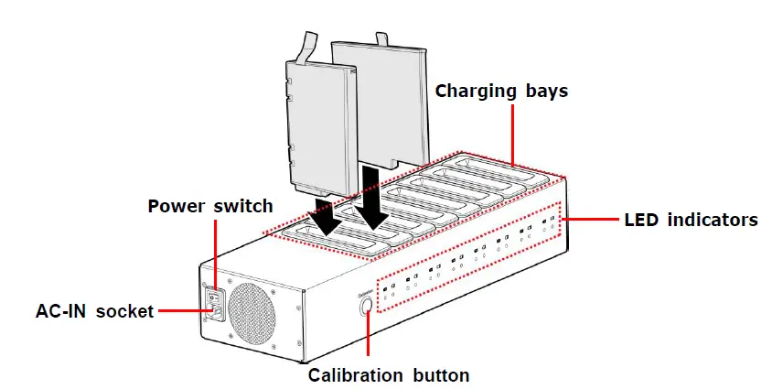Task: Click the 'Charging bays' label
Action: click(x=501, y=92)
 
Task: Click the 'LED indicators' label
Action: click(x=692, y=220)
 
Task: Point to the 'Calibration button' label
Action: click(x=389, y=374)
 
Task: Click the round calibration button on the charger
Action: click(x=367, y=307)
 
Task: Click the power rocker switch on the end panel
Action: click(x=214, y=296)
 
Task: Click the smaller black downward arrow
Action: click(x=325, y=220)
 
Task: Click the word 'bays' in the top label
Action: click(x=544, y=92)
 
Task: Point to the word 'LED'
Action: click(x=642, y=220)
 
